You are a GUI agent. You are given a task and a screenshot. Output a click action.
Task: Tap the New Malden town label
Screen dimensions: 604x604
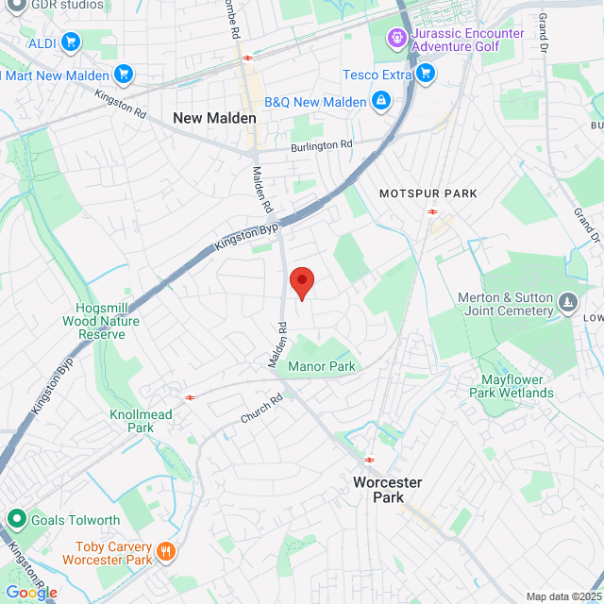click(x=214, y=118)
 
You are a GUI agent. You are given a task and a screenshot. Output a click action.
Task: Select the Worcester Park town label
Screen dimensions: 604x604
click(x=387, y=489)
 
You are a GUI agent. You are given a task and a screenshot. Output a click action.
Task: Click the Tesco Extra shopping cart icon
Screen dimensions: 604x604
click(x=426, y=73)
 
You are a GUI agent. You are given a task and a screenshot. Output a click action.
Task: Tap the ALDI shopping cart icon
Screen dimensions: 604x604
click(x=70, y=42)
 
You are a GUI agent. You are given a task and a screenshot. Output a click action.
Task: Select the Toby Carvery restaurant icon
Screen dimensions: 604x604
click(x=166, y=551)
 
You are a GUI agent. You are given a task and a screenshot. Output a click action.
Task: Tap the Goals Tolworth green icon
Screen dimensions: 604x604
click(x=16, y=519)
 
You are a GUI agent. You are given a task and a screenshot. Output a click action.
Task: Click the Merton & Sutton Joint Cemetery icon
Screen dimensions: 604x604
click(x=567, y=303)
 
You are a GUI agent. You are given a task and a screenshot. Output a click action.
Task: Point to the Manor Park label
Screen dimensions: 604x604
click(x=322, y=366)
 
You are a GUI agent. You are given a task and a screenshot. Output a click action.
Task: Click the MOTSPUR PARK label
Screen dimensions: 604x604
click(x=428, y=193)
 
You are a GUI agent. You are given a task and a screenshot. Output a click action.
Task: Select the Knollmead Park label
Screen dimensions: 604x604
click(x=141, y=421)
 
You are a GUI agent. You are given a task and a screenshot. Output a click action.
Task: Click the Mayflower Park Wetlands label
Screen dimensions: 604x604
click(x=511, y=386)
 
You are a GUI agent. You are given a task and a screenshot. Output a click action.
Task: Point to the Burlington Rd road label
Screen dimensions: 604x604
click(x=321, y=145)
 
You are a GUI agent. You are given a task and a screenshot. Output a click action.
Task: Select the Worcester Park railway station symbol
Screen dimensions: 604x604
click(x=369, y=461)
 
